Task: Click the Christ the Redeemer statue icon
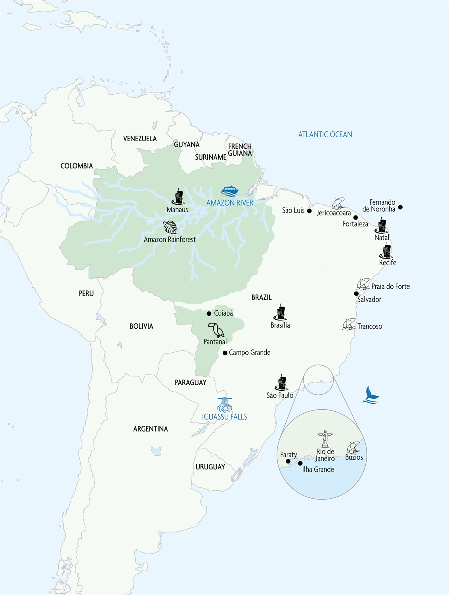click(x=325, y=438)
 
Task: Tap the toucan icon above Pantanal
click(x=216, y=330)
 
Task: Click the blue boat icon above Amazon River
click(x=230, y=191)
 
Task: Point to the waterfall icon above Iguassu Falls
click(x=225, y=405)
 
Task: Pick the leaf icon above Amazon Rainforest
click(x=170, y=228)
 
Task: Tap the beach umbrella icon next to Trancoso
click(x=349, y=324)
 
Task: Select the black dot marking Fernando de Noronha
click(x=400, y=207)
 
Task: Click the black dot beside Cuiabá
click(x=209, y=313)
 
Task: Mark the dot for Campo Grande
click(x=225, y=353)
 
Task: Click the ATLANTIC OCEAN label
click(x=325, y=134)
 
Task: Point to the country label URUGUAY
click(x=210, y=467)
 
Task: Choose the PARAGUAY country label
click(x=191, y=382)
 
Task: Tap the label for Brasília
click(x=280, y=325)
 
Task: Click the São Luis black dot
click(x=309, y=211)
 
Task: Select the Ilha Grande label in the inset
click(x=318, y=469)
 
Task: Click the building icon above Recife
click(x=386, y=251)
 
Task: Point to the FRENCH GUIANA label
click(x=240, y=150)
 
